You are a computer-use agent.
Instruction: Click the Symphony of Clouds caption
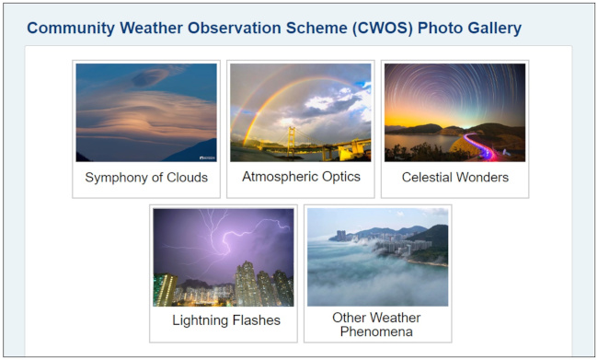pos(146,177)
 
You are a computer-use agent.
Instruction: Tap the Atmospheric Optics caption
pos(301,176)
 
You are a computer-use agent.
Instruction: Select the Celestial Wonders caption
pos(454,177)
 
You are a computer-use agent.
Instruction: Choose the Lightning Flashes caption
pos(226,320)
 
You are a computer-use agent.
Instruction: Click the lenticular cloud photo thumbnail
pos(146,112)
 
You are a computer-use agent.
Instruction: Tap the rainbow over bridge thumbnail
pos(301,112)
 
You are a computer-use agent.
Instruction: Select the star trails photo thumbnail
pos(454,112)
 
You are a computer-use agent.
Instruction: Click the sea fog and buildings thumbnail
pos(377,257)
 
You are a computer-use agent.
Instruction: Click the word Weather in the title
pos(158,28)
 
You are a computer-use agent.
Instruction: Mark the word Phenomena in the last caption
pos(377,331)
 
